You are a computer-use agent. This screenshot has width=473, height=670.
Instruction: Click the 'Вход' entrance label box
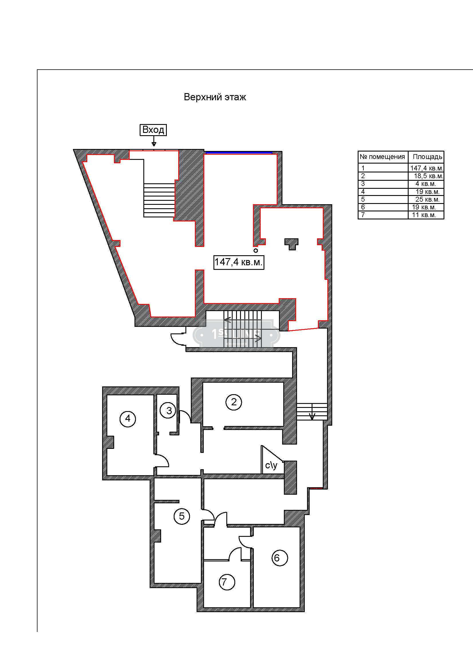click(x=153, y=130)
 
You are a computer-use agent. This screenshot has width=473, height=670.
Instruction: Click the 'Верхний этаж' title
click(x=215, y=97)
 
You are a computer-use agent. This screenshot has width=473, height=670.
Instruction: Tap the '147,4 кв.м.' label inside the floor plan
click(x=239, y=262)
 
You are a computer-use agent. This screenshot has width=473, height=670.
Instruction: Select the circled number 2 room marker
click(x=234, y=402)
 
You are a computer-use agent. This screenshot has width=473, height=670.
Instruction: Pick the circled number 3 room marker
click(x=168, y=410)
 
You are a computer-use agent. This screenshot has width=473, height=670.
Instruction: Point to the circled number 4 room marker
click(x=128, y=419)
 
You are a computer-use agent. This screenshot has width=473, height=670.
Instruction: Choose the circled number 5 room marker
click(x=182, y=516)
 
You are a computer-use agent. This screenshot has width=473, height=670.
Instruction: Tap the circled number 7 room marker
click(x=227, y=582)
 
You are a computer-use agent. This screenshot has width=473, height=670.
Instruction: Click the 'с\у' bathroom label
click(x=271, y=465)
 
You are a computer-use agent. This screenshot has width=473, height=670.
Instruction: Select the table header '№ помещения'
click(x=382, y=157)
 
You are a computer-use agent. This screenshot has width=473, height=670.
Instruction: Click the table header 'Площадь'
click(x=428, y=157)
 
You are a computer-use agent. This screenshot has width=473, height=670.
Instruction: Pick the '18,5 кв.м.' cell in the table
click(x=428, y=176)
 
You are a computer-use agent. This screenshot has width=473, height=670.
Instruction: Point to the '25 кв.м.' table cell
click(x=427, y=199)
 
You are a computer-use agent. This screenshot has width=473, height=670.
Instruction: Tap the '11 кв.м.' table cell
click(x=424, y=215)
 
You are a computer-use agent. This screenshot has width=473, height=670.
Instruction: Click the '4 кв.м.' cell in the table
click(x=425, y=184)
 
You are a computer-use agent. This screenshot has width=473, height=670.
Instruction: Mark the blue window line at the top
click(x=239, y=152)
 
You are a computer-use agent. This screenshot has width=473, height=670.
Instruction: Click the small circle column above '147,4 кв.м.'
click(x=256, y=250)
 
